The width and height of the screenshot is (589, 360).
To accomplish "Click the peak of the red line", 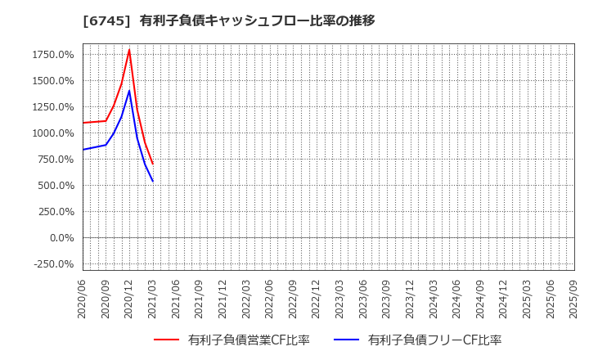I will click(x=129, y=50).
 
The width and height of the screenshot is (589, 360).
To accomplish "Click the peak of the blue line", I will click(x=129, y=91).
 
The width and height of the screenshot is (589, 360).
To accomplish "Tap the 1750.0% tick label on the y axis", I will click(x=54, y=55).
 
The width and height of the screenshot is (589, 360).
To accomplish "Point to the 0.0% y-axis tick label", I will click(x=62, y=238).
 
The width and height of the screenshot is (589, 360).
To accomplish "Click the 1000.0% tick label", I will click(x=54, y=133).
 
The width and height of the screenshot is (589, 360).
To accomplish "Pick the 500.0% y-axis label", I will click(x=56, y=186).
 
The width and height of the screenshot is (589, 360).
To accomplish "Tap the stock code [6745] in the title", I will click(x=106, y=20).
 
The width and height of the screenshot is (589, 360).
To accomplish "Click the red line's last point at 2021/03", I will click(x=153, y=164).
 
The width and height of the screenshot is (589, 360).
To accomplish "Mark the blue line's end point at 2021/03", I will click(x=153, y=182).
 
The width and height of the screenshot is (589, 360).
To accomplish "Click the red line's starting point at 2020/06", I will click(x=83, y=123).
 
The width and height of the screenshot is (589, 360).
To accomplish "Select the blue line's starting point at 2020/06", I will click(x=83, y=150).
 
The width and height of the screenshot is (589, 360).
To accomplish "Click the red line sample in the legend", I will click(x=166, y=340).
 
